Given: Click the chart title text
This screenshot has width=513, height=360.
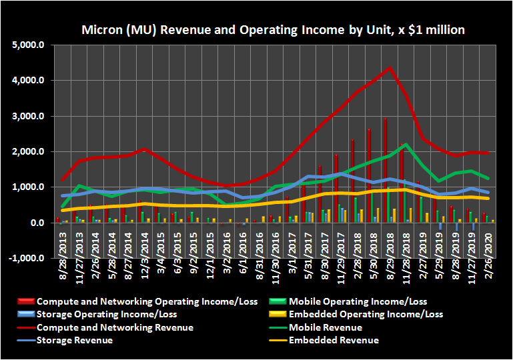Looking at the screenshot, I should click(273, 30).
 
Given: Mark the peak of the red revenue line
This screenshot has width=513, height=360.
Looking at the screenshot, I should click(389, 68).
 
